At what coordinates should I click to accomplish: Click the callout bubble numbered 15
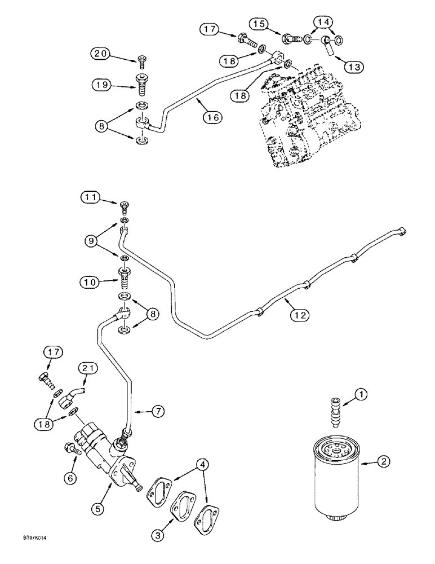(x=259, y=24)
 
